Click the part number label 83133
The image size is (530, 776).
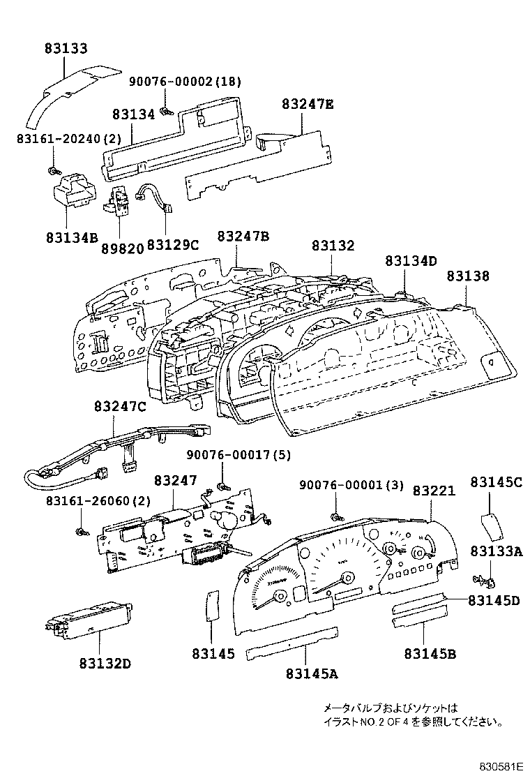click(x=66, y=49)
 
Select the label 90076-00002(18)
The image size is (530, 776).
click(x=185, y=82)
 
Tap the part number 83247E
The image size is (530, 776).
click(x=308, y=105)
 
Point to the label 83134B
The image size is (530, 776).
click(x=68, y=236)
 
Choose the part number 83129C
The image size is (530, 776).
click(x=173, y=245)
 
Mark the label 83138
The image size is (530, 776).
click(x=468, y=276)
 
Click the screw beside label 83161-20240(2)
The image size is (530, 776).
click(x=53, y=170)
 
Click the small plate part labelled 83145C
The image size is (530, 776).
click(x=492, y=526)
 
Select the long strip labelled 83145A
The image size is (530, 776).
click(x=293, y=641)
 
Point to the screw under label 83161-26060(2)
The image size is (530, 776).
click(x=80, y=532)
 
